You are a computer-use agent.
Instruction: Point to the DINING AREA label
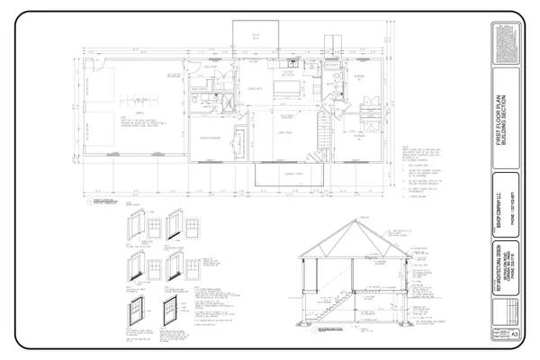[254, 90]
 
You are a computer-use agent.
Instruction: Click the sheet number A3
[514, 332]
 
